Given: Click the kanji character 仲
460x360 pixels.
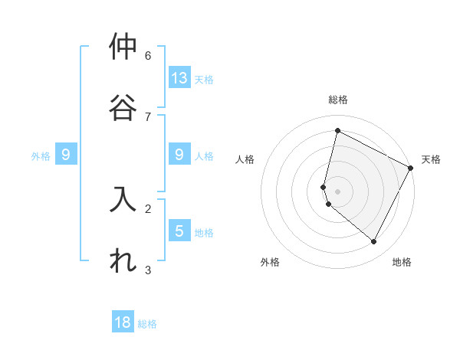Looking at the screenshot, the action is pos(123,47).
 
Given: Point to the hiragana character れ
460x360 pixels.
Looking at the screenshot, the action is pos(123,260).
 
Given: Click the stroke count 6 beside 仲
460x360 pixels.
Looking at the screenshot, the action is pos(148,55).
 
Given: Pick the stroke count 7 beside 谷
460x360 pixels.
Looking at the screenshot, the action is pos(148,116).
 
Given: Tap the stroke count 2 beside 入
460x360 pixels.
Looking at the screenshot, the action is pos(148,208).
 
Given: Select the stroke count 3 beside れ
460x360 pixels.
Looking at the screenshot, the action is pos(148,269).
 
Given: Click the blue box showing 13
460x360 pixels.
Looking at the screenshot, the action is pos(179,77).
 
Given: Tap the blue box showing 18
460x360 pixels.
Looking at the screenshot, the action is pos(123,322).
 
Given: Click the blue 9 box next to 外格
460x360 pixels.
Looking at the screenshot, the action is pos(66,155).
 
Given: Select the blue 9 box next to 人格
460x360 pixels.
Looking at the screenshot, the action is pos(179,155).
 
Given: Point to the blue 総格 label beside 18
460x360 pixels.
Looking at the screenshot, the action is pos(147,324).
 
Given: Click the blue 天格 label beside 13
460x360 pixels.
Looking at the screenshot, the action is pos(203,79).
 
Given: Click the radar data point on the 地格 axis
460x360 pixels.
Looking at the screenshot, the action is pos(374,242).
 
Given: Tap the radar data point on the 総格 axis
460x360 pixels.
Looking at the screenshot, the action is pos(337,130).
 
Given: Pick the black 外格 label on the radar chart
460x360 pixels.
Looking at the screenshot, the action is pos(270,262).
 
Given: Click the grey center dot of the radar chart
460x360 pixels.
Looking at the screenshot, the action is pos(337,191).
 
